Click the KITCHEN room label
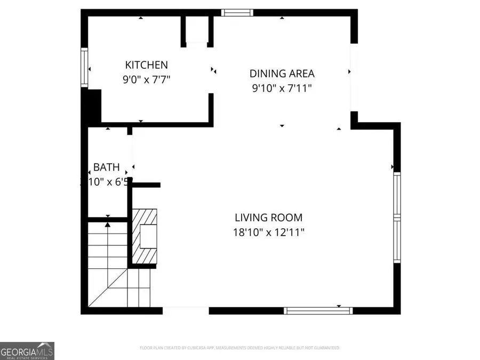[x=146, y=65]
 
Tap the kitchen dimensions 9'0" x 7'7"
[x=146, y=80]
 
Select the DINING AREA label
[x=282, y=74]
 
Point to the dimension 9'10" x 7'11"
[x=282, y=89]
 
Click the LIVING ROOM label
[x=268, y=218]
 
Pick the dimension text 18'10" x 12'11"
[x=268, y=233]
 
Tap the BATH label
[x=106, y=167]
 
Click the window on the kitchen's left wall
[x=84, y=68]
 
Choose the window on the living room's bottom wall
[x=318, y=310]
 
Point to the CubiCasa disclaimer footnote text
[x=239, y=348]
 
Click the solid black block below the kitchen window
[x=92, y=107]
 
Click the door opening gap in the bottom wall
[x=185, y=310]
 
